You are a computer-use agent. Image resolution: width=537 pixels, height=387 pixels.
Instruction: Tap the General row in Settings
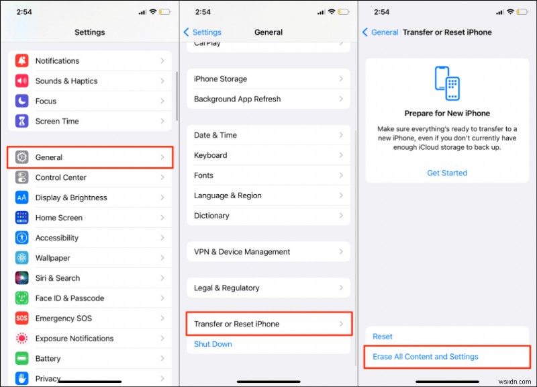point(90,157)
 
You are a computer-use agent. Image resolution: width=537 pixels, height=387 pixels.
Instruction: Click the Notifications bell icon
point(22,61)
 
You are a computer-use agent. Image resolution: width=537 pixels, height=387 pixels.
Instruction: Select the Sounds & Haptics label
point(66,81)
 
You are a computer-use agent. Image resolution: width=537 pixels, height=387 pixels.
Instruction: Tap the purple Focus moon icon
point(22,101)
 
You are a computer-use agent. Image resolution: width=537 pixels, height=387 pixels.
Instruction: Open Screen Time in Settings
point(57,122)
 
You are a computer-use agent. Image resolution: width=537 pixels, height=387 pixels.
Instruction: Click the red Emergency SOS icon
point(22,318)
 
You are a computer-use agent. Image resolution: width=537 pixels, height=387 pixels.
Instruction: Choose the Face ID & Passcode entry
point(69,298)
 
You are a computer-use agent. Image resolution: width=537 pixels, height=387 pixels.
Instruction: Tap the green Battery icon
point(22,359)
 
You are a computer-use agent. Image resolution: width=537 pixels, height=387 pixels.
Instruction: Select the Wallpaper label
point(53,258)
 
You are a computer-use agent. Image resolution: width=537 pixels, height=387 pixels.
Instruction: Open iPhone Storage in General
point(220,79)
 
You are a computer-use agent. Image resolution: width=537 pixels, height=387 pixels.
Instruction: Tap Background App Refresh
point(237,99)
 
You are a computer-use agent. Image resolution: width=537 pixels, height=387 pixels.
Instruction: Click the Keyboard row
point(210,155)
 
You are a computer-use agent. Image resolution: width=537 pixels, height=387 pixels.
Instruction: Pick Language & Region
point(228,196)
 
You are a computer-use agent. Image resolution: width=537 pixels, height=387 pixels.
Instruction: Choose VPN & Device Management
point(242,252)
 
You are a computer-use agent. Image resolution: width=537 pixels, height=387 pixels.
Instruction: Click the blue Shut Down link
point(213,344)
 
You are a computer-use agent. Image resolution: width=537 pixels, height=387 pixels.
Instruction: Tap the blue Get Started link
point(447,173)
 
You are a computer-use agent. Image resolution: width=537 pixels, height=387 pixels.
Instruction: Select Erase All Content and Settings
point(426,357)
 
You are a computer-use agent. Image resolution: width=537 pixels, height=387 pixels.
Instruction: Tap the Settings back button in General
point(203,32)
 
